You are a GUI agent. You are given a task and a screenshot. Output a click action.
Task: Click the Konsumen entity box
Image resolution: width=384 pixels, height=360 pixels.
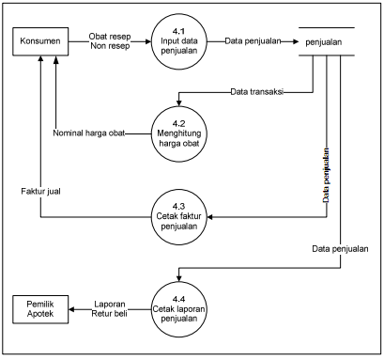coord(40,41)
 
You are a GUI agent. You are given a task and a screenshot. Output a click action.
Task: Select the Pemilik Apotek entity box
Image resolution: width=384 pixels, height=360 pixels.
coord(40,309)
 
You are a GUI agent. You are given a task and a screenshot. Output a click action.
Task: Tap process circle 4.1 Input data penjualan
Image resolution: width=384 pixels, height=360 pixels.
coord(179,41)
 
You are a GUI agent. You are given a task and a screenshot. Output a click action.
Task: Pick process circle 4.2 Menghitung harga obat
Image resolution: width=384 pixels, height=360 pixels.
coord(179,133)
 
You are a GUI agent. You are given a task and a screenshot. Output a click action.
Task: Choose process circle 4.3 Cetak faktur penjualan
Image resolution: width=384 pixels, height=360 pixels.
coord(179,217)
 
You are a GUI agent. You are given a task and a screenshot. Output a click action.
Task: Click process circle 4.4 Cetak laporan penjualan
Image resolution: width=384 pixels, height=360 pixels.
coord(179,309)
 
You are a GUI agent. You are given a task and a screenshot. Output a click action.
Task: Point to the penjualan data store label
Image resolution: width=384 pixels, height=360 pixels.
coord(324,42)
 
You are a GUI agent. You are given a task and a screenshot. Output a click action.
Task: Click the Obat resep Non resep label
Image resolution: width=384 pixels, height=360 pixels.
coord(110,41)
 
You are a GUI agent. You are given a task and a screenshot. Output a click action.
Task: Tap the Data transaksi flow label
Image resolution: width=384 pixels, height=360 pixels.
coord(257,92)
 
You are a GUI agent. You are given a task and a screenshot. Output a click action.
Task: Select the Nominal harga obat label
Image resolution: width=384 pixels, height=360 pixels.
coord(89,133)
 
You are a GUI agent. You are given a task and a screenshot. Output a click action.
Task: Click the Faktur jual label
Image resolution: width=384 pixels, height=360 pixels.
coord(40,191)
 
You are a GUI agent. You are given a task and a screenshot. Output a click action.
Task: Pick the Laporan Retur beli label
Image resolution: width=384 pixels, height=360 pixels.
coord(110,308)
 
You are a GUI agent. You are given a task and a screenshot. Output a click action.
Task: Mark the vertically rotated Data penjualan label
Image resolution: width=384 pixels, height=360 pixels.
coord(326,176)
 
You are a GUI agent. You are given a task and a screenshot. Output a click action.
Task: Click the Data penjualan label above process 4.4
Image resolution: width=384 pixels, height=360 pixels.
coord(340,249)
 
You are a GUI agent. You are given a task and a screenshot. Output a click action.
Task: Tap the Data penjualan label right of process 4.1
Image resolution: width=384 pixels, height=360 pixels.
coord(253,41)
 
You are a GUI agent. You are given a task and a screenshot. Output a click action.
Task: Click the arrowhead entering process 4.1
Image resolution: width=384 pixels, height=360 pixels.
coord(148,41)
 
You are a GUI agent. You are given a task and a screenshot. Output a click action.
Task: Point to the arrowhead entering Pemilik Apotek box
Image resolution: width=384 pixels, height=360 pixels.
coord(71,309)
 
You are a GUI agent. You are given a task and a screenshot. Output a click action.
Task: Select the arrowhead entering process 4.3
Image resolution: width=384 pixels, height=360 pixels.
coord(210,217)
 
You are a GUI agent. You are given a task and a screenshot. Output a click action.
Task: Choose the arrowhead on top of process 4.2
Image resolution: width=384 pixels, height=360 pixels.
coord(179,103)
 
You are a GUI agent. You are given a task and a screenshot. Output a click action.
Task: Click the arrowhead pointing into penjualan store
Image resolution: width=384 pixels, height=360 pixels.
coord(296,41)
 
